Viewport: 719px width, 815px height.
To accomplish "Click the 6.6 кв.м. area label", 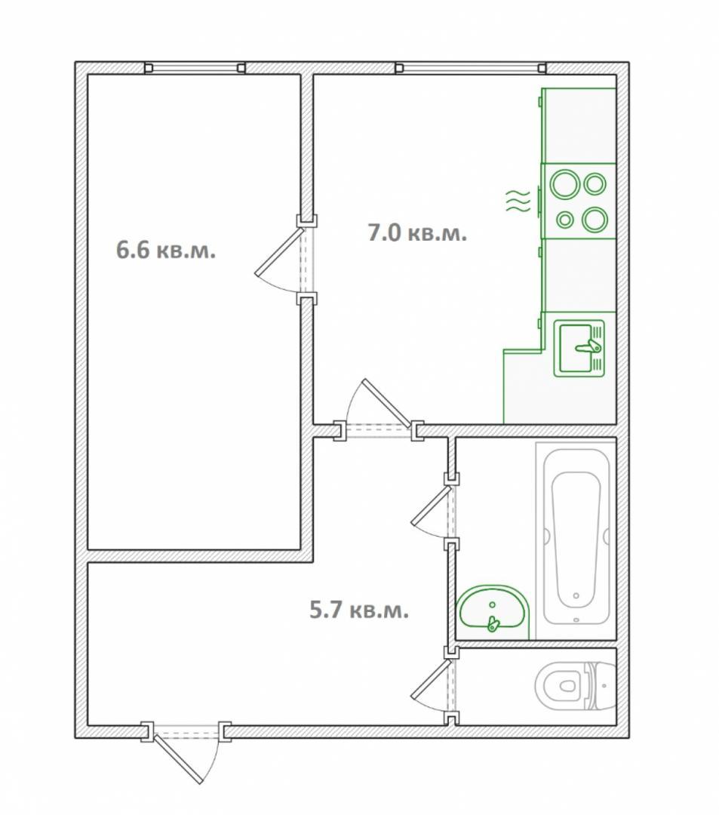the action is (166, 251).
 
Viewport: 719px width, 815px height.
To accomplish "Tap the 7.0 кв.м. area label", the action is (418, 232).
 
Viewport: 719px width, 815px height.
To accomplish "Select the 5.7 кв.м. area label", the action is (359, 609).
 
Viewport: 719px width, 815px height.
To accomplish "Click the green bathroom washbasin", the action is (493, 612).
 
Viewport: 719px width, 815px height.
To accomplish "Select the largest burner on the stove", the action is (564, 185).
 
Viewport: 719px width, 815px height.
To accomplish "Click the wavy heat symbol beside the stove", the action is (518, 201).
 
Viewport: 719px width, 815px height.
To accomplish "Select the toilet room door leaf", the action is (432, 681).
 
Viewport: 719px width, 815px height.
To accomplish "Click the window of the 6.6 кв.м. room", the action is (195, 68).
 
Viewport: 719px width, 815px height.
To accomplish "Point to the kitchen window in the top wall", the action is (470, 68).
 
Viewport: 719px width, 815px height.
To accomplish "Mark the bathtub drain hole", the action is (576, 595).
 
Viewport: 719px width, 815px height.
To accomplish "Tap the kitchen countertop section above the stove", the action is (579, 125).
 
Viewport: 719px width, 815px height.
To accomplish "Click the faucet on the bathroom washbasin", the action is (493, 623).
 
